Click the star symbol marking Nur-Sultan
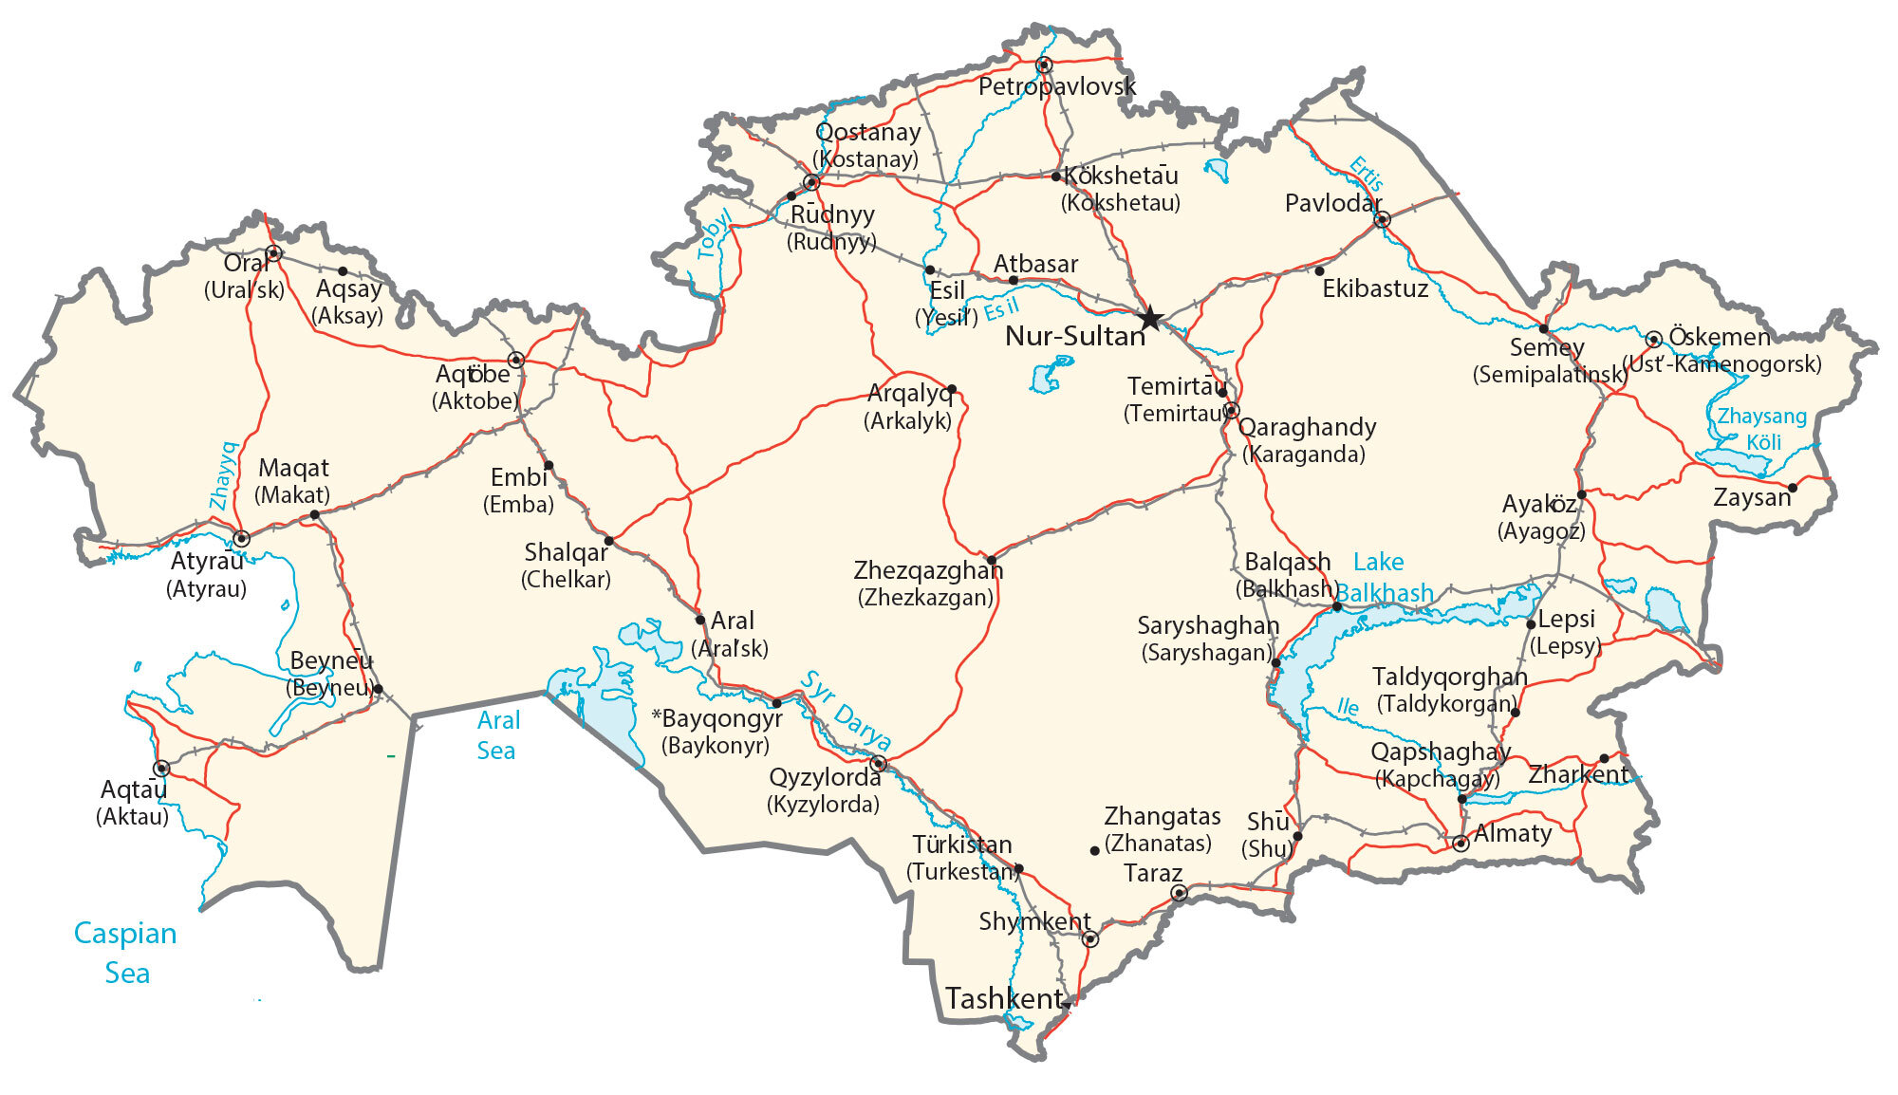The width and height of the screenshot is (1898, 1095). pos(1150,318)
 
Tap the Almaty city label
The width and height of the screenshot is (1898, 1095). pos(1513,833)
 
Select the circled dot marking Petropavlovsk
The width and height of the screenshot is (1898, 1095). pos(1044,65)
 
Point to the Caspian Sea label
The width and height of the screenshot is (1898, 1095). pos(125,952)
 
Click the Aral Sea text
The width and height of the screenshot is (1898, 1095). pos(497,735)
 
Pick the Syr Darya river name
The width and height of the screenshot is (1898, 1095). pos(846,710)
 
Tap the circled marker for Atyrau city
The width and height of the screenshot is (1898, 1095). pos(241,538)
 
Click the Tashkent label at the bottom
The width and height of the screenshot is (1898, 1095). pos(1004,998)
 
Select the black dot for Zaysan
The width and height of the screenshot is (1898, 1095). pos(1792,488)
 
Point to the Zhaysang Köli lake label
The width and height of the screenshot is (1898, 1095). pos(1762,429)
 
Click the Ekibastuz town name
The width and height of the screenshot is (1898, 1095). pos(1375,288)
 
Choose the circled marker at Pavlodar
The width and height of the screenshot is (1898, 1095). pos(1382,219)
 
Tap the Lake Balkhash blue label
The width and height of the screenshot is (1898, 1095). pos(1384,578)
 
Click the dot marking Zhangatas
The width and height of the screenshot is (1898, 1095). pos(1094,850)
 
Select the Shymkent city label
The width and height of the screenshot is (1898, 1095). pos(1034,920)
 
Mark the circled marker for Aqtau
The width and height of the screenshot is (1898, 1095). pos(161,768)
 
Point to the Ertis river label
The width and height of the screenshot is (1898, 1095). pos(1366,175)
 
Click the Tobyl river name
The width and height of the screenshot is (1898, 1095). pos(714,233)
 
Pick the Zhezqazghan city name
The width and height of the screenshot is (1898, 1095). pos(927,570)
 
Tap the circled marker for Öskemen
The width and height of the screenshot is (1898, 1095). pos(1653,339)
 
